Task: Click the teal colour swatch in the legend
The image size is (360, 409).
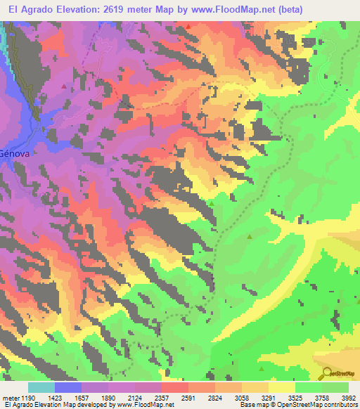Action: coord(41,387)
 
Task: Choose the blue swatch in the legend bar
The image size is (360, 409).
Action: coord(68,387)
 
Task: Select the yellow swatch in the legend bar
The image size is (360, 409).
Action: coord(282,387)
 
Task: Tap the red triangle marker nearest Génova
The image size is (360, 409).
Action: coord(65,86)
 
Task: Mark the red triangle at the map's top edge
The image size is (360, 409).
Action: coord(188,26)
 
